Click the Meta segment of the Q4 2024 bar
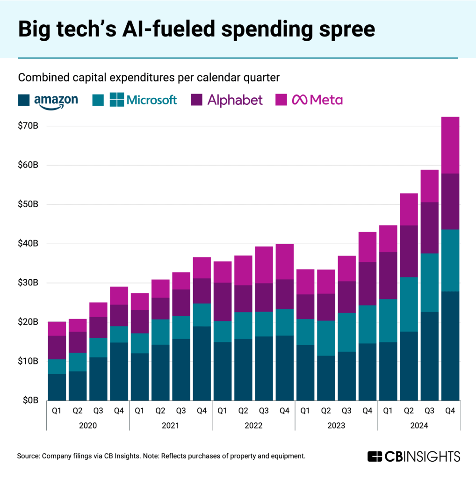point(450,145)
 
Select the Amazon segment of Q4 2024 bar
point(450,346)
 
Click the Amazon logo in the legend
point(56,101)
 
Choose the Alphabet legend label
point(235,100)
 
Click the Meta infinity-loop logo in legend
point(299,100)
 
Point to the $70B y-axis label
point(29,126)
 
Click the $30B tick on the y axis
point(29,283)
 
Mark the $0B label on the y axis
point(31,400)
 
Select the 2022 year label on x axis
point(253,426)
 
